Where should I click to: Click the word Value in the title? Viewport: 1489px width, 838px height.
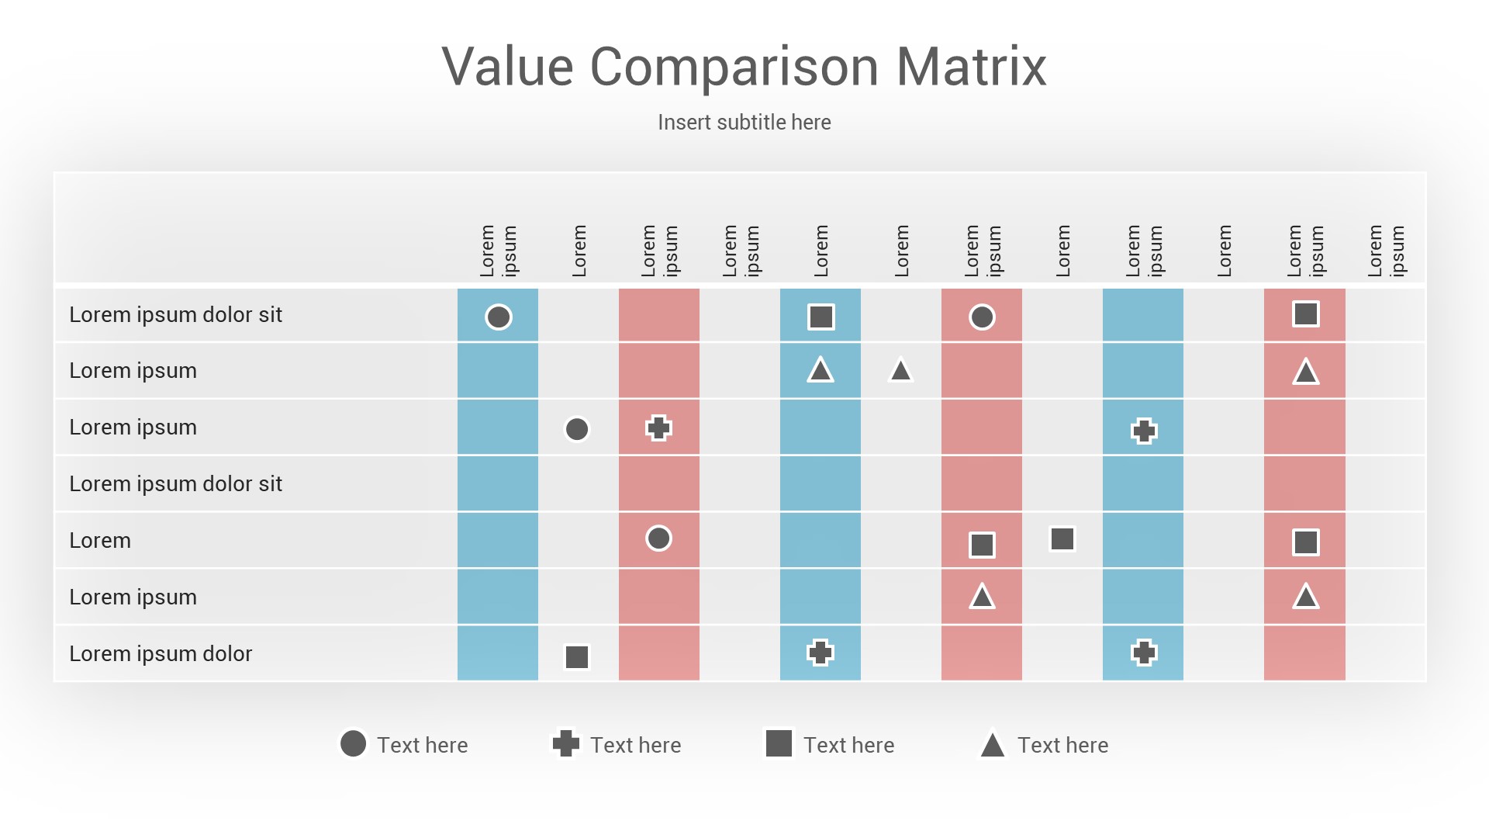(507, 67)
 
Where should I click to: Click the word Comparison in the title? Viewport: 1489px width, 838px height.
(734, 67)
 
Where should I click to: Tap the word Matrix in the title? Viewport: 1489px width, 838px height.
(971, 67)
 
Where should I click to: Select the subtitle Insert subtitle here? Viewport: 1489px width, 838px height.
(744, 123)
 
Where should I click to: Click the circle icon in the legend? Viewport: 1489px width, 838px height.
(353, 743)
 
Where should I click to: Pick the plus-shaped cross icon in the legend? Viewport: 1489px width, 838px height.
(566, 743)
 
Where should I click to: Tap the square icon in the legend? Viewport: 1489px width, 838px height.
(779, 743)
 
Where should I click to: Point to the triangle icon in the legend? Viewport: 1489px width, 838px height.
(993, 745)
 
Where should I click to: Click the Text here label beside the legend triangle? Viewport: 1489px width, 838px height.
(1062, 745)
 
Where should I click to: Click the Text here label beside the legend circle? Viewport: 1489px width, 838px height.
(422, 745)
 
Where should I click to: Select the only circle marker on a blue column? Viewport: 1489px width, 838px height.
(498, 317)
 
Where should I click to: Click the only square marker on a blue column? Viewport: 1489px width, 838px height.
(821, 317)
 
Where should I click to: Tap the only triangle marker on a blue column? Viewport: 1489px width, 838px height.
(821, 371)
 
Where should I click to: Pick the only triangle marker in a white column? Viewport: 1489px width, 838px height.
(900, 371)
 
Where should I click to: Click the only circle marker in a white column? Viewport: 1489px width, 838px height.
(577, 429)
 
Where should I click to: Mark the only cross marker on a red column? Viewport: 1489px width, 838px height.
(658, 428)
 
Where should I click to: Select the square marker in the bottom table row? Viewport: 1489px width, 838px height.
(577, 656)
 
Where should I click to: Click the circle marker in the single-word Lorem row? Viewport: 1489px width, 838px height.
(658, 538)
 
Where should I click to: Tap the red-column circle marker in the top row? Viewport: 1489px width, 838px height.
(982, 317)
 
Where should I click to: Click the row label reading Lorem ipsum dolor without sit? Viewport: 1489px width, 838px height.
(161, 653)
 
